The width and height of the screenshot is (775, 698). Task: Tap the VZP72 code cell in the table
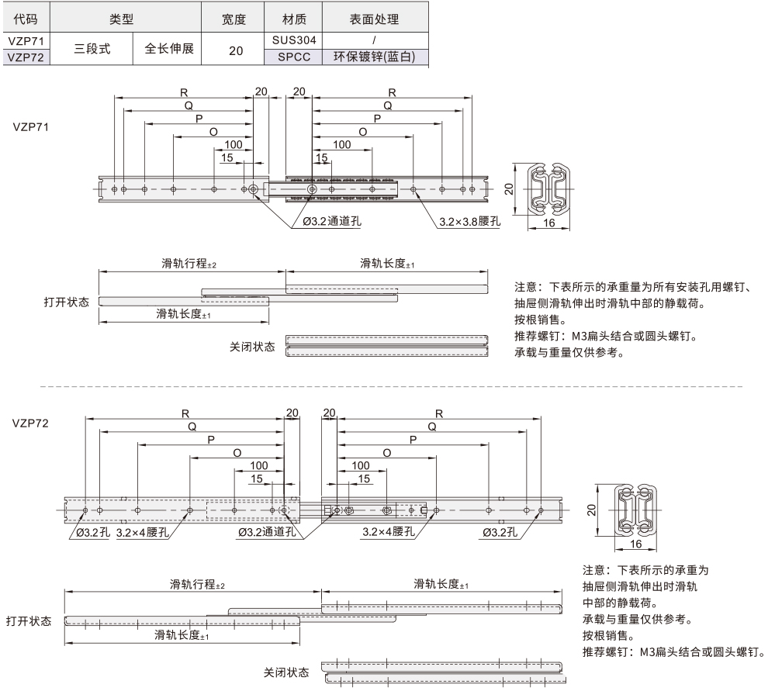(26, 57)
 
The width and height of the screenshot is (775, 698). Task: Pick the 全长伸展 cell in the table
(169, 48)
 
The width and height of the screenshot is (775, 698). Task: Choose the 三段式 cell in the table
(92, 48)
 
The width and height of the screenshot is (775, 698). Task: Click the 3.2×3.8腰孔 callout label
(469, 221)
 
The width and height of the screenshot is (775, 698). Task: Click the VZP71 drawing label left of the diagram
(30, 126)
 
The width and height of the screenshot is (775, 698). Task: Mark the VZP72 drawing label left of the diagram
(30, 423)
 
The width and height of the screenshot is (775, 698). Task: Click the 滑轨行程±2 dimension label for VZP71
(184, 264)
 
